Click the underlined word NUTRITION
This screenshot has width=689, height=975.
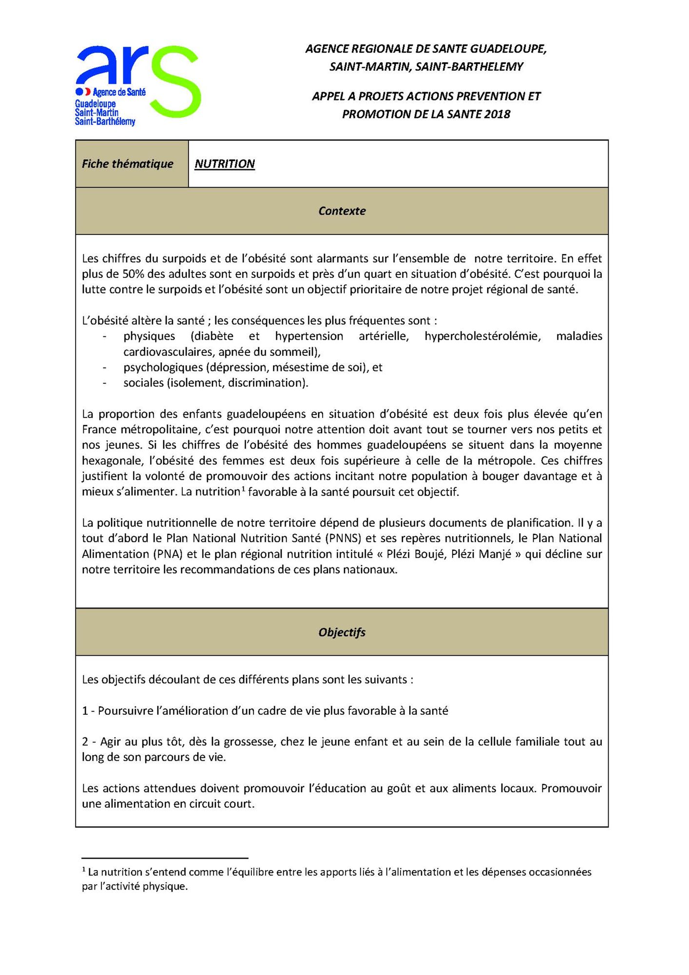225,164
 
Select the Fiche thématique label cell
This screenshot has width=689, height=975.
128,164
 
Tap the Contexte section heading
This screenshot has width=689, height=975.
342,211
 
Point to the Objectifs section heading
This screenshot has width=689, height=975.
342,632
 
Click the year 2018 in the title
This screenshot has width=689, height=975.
497,114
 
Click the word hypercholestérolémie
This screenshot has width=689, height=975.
482,336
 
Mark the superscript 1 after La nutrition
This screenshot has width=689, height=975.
243,488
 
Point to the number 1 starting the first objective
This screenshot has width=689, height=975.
85,711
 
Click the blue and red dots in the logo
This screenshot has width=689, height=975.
83,92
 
